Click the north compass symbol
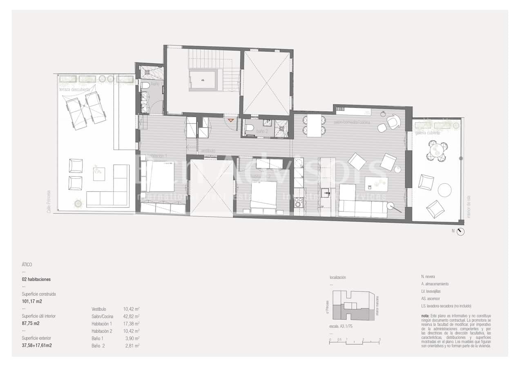(461, 232)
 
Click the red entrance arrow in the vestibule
(231, 120)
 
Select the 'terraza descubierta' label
(74, 89)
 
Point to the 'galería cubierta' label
(427, 133)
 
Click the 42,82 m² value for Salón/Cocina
(131, 316)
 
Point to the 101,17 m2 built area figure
(32, 301)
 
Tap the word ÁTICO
(27, 265)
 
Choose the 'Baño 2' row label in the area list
(98, 346)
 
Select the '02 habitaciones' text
(36, 279)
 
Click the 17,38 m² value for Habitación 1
(131, 324)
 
